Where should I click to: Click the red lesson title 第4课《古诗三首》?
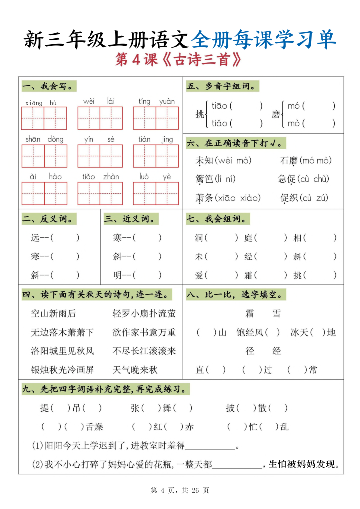coord(180,61)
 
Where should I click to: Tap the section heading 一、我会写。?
coord(49,87)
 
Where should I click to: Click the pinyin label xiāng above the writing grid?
coord(33,103)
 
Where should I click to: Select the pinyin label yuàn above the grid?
coord(167,102)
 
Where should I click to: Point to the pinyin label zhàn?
coord(111,177)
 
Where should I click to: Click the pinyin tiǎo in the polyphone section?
coord(220,123)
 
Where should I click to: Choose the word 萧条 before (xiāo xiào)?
coord(204,198)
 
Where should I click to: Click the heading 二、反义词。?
coord(49,219)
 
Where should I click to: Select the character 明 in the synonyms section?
coord(118,275)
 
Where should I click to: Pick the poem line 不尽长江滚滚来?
coord(144,351)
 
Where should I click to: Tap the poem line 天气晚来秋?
coord(135,370)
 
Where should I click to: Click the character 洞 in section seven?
coord(199,238)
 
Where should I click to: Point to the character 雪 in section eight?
coord(277,313)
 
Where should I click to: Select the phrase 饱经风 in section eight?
coord(249,332)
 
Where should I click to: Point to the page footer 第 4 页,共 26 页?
coord(180,490)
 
